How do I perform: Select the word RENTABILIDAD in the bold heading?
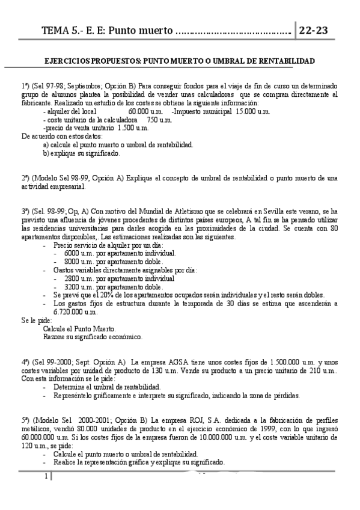[x=284, y=61]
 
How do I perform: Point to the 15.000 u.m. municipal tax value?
[x=254, y=111]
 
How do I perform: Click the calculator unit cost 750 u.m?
[x=159, y=120]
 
